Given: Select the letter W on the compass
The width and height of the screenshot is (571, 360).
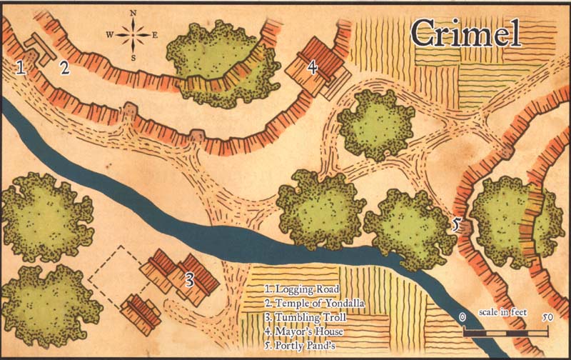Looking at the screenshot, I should (x=110, y=34).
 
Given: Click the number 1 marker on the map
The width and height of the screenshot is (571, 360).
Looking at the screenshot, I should (x=21, y=68).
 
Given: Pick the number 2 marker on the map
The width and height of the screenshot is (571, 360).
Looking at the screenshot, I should (x=64, y=68).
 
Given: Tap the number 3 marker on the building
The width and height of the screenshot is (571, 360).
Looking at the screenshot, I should (x=190, y=279).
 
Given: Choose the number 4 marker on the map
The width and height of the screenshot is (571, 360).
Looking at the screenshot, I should (x=312, y=67).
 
